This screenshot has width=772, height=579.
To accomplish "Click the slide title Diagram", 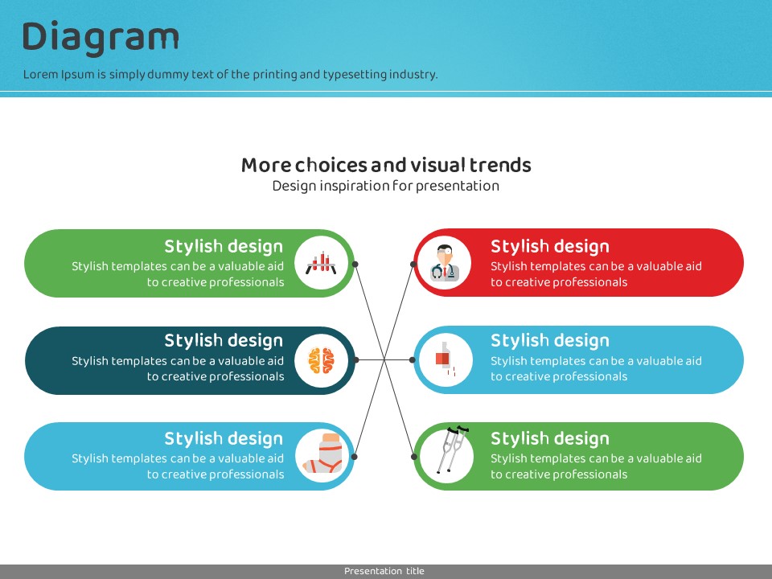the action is (x=101, y=38).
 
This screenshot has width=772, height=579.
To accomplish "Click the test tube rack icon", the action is (x=321, y=263).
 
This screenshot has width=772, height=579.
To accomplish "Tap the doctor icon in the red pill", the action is (x=445, y=263).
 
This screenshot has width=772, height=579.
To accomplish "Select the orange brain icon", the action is (x=321, y=360).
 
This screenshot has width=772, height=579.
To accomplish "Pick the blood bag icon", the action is (x=445, y=359).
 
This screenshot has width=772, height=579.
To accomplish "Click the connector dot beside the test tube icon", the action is (x=355, y=265).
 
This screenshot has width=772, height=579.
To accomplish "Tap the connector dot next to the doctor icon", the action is (x=413, y=265).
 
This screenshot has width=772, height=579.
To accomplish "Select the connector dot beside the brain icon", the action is (x=355, y=360).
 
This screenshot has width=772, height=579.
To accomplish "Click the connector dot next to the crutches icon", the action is (x=414, y=457).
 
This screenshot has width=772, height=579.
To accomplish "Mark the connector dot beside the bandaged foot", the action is (x=355, y=457).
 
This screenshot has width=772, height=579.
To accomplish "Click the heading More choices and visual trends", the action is (x=386, y=165).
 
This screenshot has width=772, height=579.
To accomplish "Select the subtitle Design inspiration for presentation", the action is (x=386, y=186).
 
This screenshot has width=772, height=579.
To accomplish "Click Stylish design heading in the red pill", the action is (x=550, y=247).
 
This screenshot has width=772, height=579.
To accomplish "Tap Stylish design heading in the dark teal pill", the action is (x=224, y=341).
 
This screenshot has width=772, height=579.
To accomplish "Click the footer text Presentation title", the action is (x=384, y=571).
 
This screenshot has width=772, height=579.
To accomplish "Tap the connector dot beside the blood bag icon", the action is (x=413, y=360).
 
